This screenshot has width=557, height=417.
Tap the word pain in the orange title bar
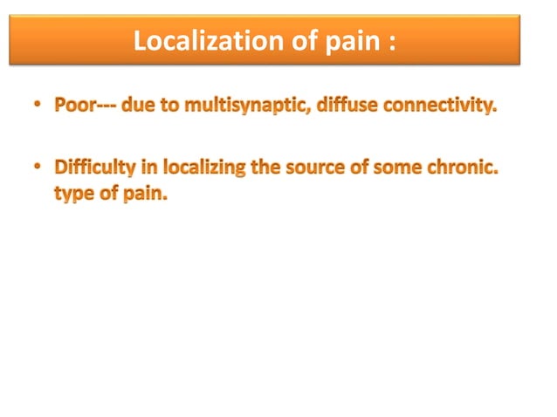click(x=348, y=42)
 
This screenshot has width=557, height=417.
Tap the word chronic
click(x=461, y=167)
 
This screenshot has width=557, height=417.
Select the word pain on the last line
click(x=141, y=193)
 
